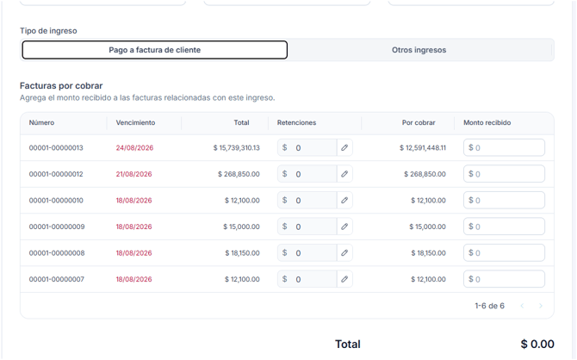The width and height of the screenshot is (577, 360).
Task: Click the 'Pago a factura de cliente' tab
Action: click(x=154, y=50)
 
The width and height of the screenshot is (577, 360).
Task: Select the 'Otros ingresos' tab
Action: click(x=419, y=50)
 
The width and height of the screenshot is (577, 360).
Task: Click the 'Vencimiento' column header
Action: click(x=135, y=122)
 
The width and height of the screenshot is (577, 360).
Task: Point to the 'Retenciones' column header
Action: click(x=296, y=122)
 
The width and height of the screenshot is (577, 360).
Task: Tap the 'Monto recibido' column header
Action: click(x=487, y=122)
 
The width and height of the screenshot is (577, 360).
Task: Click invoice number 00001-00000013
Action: click(x=56, y=147)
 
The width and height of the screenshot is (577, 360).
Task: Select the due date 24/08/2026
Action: click(x=134, y=147)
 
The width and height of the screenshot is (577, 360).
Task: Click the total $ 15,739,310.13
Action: click(x=236, y=147)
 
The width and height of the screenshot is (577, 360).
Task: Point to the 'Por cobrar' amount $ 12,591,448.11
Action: click(x=423, y=147)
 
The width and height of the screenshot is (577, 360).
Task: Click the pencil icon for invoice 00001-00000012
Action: click(x=344, y=174)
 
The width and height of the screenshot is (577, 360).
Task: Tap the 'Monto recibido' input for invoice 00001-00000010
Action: click(x=504, y=201)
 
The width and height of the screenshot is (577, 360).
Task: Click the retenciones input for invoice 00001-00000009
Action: click(x=307, y=227)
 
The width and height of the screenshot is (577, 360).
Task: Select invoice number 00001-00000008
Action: click(x=57, y=253)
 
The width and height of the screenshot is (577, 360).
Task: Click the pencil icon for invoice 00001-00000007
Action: click(x=344, y=279)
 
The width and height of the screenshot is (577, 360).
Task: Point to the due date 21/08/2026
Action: click(x=134, y=174)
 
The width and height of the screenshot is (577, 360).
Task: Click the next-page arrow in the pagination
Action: click(x=541, y=306)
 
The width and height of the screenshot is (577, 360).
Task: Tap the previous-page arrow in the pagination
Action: click(x=522, y=306)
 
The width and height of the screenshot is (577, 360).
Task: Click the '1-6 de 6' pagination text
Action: click(x=489, y=306)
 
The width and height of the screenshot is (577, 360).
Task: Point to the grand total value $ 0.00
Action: click(x=537, y=344)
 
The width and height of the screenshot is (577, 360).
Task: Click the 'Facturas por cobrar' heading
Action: click(x=61, y=86)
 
